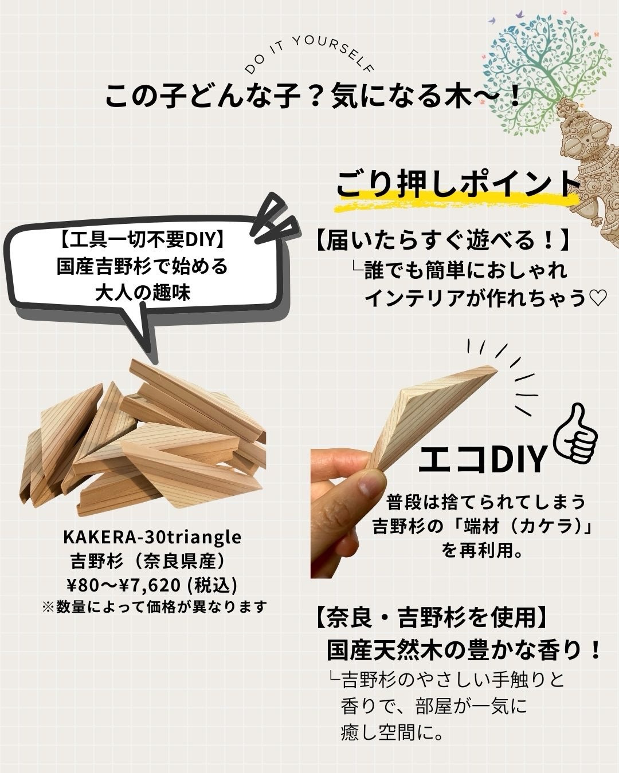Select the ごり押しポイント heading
click(x=457, y=184)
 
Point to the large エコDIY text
click(x=481, y=459)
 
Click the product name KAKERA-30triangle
click(x=152, y=537)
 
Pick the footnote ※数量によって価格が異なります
click(x=155, y=606)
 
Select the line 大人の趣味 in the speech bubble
click(x=142, y=293)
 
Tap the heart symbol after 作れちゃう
click(x=597, y=298)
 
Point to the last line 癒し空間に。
click(x=392, y=732)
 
